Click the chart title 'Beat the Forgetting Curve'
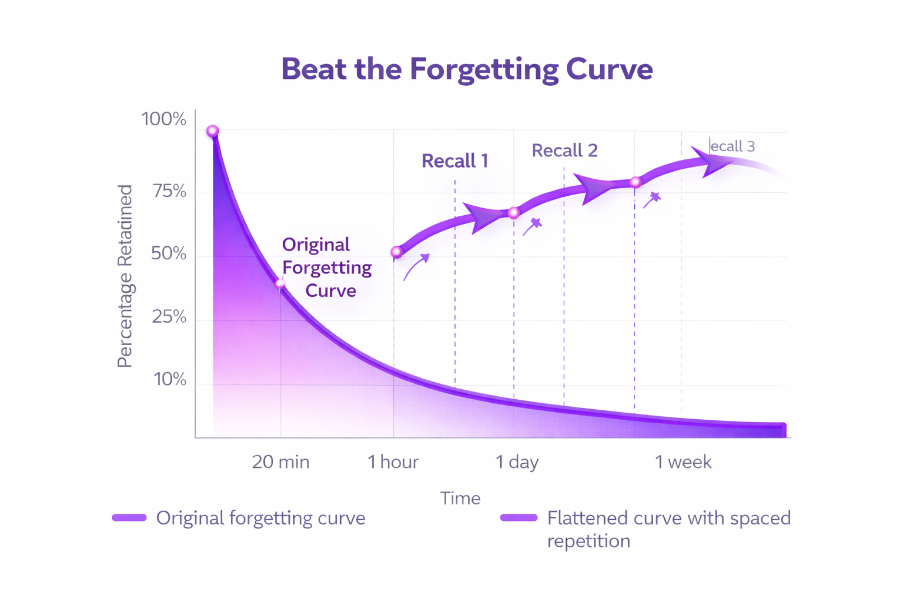[467, 69]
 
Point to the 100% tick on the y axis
[163, 119]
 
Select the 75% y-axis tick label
[169, 191]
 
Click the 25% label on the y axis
[169, 317]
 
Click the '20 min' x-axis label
[280, 462]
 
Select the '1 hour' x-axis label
[393, 462]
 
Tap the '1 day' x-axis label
[516, 462]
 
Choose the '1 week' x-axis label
[683, 462]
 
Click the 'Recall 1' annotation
[454, 161]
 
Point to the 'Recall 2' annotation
[564, 150]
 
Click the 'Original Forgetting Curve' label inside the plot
[326, 267]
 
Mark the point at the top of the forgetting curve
[213, 131]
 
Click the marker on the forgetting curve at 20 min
[280, 284]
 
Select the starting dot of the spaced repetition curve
[397, 252]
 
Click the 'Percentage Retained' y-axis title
[125, 276]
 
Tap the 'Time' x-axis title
[460, 499]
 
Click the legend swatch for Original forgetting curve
[129, 518]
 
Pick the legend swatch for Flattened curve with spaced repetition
[519, 518]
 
